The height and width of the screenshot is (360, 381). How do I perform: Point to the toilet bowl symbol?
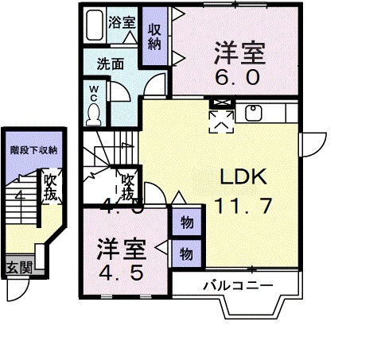click(x=94, y=114)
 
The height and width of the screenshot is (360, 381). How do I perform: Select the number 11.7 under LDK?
click(x=243, y=205)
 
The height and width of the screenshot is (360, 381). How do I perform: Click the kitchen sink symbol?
click(x=255, y=111)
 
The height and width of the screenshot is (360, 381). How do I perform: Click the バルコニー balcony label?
click(x=237, y=285)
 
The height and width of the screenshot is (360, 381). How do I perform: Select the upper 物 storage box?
click(x=185, y=222)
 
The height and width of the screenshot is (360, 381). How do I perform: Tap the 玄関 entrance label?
click(x=20, y=267)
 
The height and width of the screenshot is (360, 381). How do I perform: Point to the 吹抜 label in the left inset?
click(x=51, y=187)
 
